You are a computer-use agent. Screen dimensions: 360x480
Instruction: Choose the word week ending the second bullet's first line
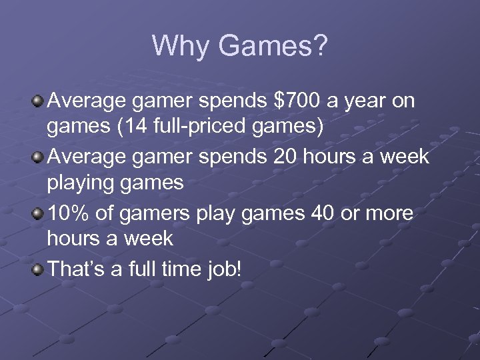[x=405, y=157]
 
